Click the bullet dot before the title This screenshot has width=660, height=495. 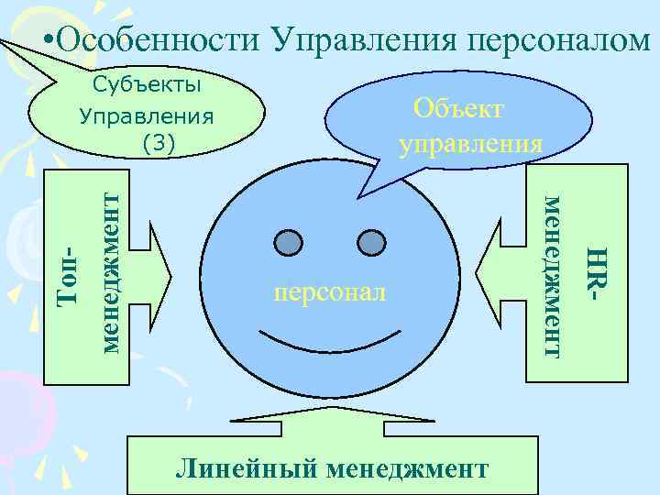(49, 40)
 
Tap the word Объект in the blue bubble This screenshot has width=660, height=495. (457, 108)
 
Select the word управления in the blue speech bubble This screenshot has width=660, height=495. (469, 144)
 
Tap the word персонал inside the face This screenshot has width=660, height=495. (330, 293)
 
